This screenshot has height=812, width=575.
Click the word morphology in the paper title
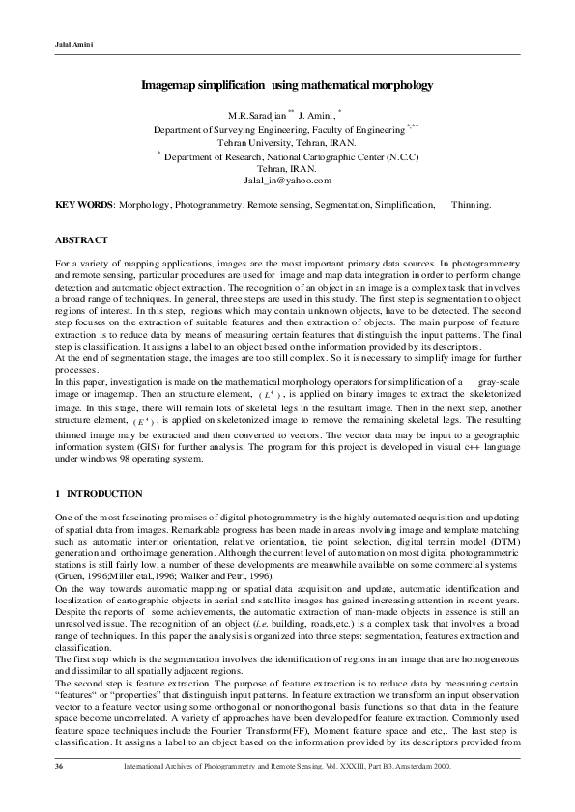[x=396, y=86]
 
